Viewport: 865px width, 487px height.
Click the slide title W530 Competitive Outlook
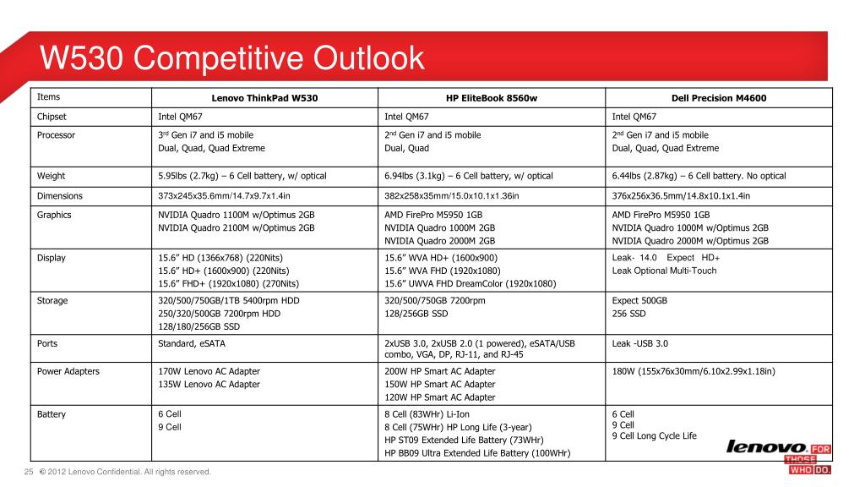click(x=232, y=58)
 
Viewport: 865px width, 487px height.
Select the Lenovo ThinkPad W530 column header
click(x=264, y=98)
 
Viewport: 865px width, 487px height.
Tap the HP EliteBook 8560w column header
click(x=492, y=98)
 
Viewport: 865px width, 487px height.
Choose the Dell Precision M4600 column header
click(x=719, y=98)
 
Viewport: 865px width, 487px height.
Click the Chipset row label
click(x=52, y=117)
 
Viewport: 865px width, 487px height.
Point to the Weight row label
click(x=51, y=176)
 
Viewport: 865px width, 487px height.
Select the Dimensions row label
click(x=60, y=195)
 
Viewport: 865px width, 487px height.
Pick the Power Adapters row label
click(x=68, y=370)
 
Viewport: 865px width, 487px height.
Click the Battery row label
click(x=52, y=414)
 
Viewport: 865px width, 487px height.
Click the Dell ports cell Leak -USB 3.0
click(x=639, y=344)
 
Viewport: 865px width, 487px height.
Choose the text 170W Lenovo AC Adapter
click(x=209, y=370)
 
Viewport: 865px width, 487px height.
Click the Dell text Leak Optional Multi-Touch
click(x=664, y=271)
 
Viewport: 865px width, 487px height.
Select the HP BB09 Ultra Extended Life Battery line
click(x=477, y=453)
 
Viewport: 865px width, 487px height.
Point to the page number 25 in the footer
click(x=28, y=472)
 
